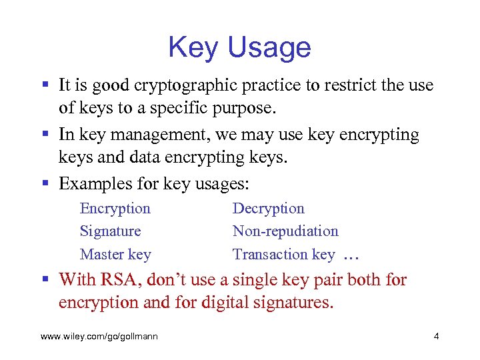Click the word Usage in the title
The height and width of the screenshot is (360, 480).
click(270, 48)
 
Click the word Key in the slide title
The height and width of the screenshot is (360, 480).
click(195, 48)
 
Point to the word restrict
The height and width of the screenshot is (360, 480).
click(345, 86)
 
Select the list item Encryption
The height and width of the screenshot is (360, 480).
click(115, 209)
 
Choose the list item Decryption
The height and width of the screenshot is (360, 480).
click(268, 209)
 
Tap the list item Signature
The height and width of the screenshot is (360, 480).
click(110, 231)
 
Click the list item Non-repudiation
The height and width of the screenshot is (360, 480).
click(285, 231)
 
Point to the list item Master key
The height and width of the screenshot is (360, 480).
click(115, 254)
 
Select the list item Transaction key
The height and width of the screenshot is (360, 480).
click(283, 254)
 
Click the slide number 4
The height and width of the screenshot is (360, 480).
click(436, 336)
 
